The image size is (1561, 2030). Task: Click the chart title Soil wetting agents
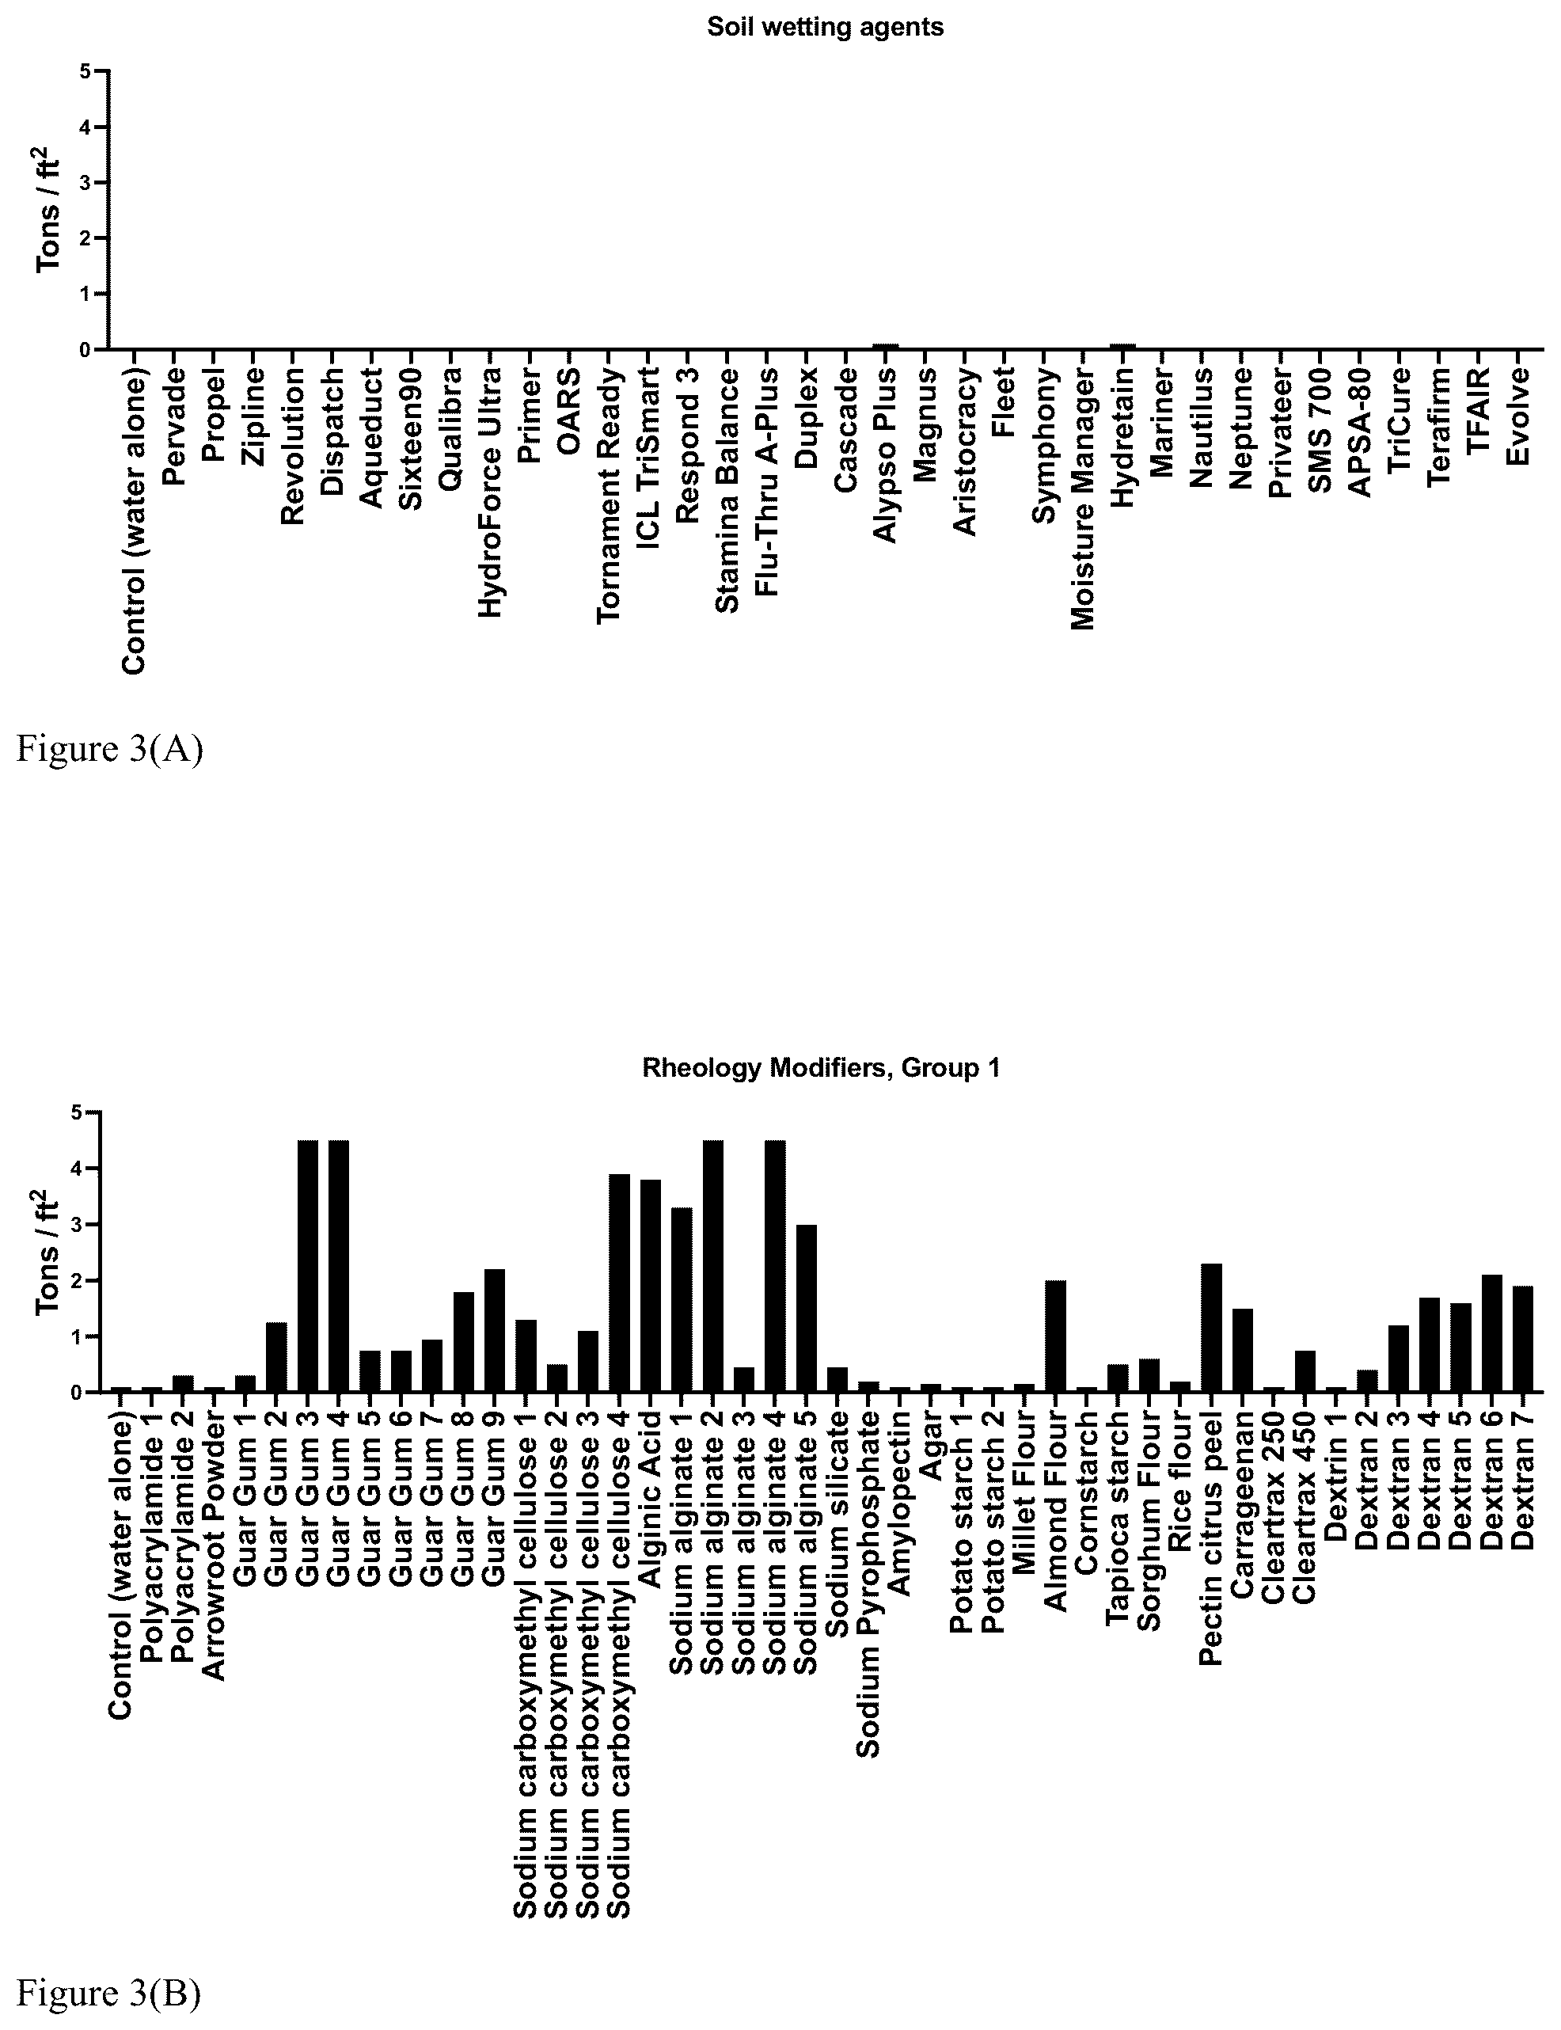coord(825,27)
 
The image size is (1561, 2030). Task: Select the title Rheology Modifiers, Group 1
coord(822,1068)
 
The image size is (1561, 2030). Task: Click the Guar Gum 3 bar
coord(308,1266)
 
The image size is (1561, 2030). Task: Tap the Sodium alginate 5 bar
coord(806,1308)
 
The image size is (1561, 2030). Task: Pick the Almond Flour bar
coord(1055,1336)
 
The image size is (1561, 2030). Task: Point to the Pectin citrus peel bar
coord(1212,1327)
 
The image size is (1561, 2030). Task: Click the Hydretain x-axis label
coord(1123,437)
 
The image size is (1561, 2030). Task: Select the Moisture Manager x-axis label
coord(1084,498)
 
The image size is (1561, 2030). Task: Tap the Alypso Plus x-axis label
coord(886,454)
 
